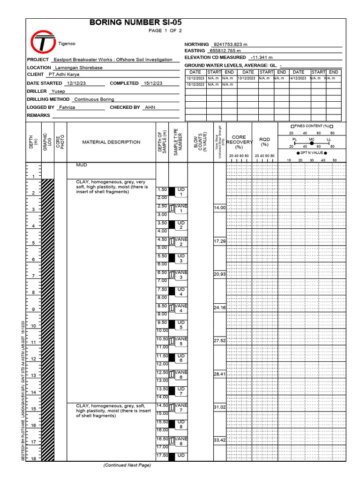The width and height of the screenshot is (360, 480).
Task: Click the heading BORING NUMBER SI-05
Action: tap(135, 22)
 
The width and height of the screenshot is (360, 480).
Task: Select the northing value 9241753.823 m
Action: tap(230, 44)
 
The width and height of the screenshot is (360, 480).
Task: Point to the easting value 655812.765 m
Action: tap(225, 51)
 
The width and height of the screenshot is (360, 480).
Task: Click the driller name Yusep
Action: tap(58, 91)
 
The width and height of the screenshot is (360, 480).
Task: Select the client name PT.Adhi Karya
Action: tap(64, 74)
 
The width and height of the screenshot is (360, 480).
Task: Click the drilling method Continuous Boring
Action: tap(94, 99)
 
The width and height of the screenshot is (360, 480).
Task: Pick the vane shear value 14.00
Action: tap(219, 208)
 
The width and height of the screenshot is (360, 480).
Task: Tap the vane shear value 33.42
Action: tap(219, 440)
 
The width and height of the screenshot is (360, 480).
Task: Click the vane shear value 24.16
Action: tap(219, 307)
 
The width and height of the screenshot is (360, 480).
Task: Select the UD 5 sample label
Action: tap(181, 325)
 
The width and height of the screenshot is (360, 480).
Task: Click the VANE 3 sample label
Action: tap(181, 275)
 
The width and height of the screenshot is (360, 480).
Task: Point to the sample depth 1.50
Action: tap(162, 190)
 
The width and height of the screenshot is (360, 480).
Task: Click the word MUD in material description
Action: tap(82, 165)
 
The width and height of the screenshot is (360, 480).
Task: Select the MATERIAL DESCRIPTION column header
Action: tap(111, 142)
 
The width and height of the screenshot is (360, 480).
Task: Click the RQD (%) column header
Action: tap(264, 142)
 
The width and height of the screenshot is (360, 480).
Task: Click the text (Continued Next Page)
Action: tap(127, 465)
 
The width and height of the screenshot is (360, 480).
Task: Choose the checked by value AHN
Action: tap(150, 107)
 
